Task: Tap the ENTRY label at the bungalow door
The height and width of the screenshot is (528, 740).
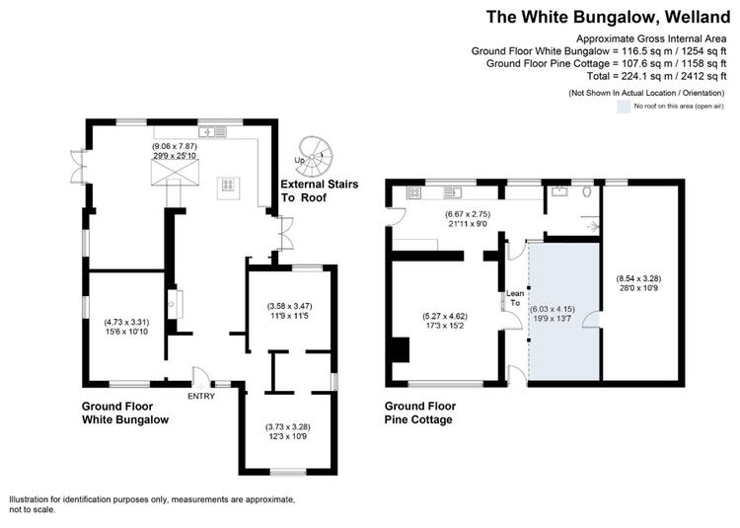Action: click(201, 396)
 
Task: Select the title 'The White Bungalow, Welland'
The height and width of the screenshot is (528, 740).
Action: click(609, 17)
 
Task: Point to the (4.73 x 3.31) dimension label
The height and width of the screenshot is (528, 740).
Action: click(126, 323)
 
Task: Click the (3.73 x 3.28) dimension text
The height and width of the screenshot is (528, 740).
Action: click(288, 426)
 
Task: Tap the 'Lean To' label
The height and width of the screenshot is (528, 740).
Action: click(515, 298)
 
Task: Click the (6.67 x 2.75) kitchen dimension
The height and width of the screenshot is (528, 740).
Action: click(468, 214)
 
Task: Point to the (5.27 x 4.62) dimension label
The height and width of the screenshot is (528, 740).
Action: click(444, 316)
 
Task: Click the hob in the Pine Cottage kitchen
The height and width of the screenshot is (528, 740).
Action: click(414, 192)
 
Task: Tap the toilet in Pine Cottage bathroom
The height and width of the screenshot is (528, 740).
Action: click(588, 191)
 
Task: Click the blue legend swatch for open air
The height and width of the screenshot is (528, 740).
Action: click(624, 107)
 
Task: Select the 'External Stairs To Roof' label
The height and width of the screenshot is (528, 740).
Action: click(320, 190)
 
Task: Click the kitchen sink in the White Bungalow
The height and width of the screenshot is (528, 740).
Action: click(213, 131)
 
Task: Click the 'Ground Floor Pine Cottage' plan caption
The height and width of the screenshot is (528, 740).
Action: click(420, 413)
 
